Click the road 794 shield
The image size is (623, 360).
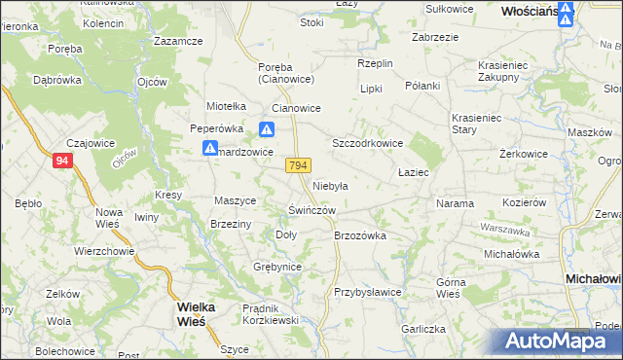299,166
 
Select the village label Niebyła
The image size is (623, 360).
331,185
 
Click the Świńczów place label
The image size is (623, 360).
312,210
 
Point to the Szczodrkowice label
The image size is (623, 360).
368,142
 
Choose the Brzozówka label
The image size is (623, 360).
360,235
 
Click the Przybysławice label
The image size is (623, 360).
368,292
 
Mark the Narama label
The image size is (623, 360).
455,204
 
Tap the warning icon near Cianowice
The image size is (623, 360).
267,128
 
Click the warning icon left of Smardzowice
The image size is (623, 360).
209,149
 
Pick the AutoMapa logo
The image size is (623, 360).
559,341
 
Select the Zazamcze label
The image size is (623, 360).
178,42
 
